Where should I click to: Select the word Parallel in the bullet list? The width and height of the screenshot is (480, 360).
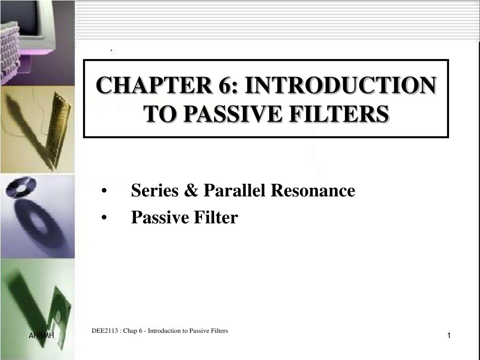coord(233,191)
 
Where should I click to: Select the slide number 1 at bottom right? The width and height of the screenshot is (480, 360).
coord(449,336)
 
